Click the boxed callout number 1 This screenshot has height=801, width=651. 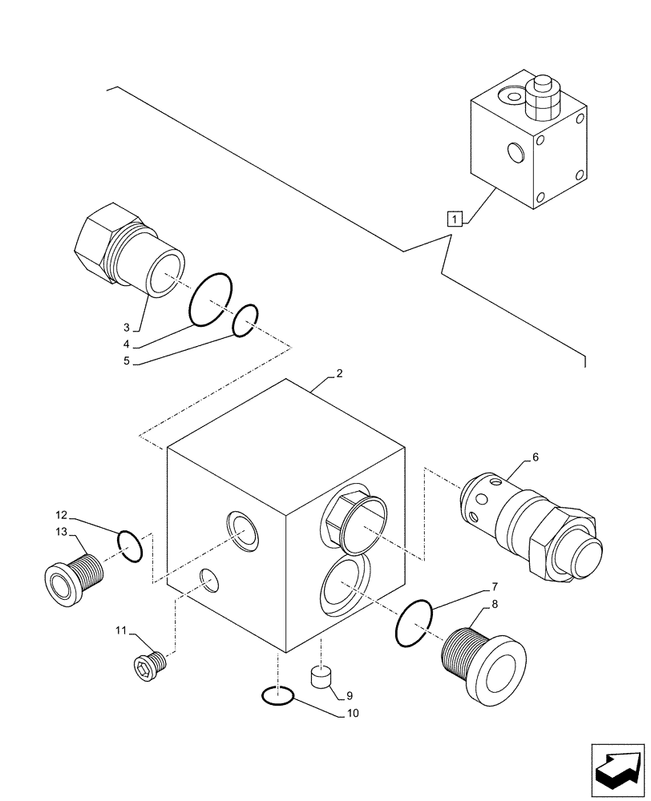coord(455,218)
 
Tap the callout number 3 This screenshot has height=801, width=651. coord(126,327)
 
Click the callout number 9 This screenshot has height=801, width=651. coord(350,696)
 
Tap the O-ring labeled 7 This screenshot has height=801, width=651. coord(414,622)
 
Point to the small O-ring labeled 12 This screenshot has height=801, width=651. coord(130,545)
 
